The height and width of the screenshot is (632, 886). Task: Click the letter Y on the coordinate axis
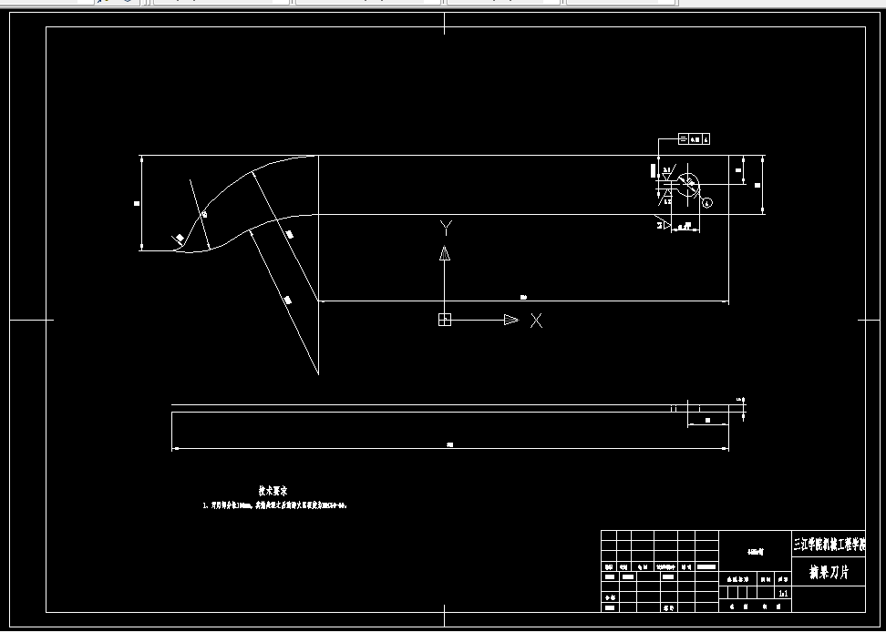pyautogui.click(x=445, y=226)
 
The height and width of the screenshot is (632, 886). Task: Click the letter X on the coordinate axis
pyautogui.click(x=536, y=321)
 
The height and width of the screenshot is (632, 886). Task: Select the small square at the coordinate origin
pyautogui.click(x=444, y=320)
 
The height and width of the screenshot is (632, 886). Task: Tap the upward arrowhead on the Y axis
pyautogui.click(x=444, y=253)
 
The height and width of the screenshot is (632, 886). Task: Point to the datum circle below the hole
pyautogui.click(x=707, y=201)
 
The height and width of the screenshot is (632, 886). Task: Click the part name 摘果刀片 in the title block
pyautogui.click(x=829, y=573)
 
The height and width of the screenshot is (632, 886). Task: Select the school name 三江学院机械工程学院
pyautogui.click(x=829, y=545)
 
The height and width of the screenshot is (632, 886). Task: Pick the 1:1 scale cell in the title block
pyautogui.click(x=782, y=593)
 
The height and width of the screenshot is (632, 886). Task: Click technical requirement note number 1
pyautogui.click(x=273, y=504)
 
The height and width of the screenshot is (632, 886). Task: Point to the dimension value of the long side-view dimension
pyautogui.click(x=449, y=444)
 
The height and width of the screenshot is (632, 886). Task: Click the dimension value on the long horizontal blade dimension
pyautogui.click(x=523, y=297)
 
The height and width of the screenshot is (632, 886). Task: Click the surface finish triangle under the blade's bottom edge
pyautogui.click(x=664, y=223)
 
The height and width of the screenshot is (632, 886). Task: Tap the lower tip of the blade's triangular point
pyautogui.click(x=317, y=373)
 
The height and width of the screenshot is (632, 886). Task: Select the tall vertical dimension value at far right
pyautogui.click(x=758, y=185)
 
